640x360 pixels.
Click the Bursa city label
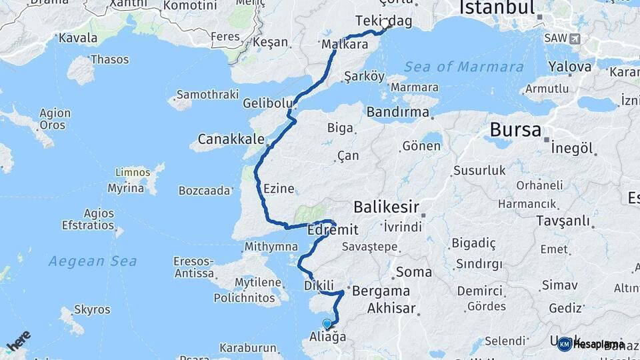[515, 129]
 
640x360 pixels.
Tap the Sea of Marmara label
[463, 67]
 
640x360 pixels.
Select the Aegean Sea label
[93, 261]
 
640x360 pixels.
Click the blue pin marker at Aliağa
[327, 324]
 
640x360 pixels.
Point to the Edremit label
[333, 230]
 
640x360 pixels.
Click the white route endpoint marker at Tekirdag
[385, 25]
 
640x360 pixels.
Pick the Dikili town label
[318, 285]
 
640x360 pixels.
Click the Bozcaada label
[203, 191]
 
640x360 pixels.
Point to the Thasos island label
[109, 60]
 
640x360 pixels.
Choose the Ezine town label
[279, 189]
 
